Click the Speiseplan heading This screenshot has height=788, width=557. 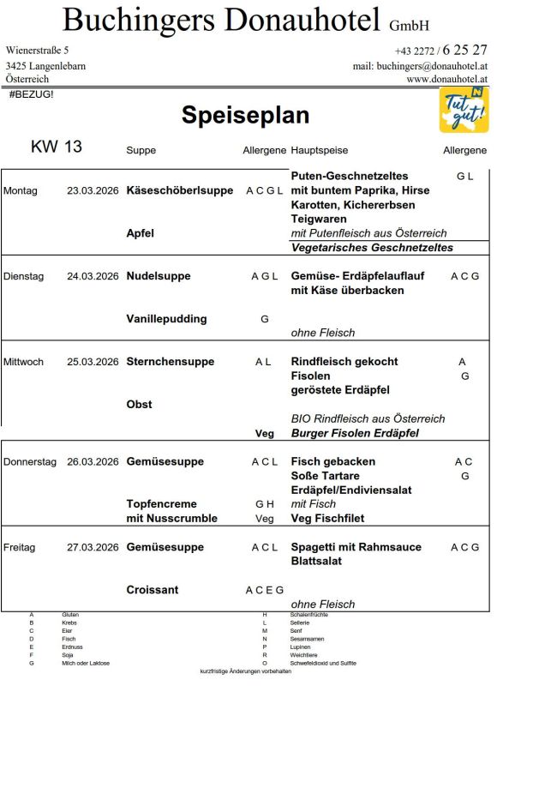point(245,116)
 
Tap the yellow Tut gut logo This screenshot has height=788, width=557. point(464,110)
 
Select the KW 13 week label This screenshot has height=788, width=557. point(57,147)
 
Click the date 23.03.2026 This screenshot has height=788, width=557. point(93,190)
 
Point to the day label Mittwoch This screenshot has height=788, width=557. point(24,362)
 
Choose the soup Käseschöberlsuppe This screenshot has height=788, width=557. point(179,190)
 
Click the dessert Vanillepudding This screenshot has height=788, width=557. point(166,319)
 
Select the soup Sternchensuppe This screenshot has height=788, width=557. point(170,362)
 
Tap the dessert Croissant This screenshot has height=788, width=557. point(153,590)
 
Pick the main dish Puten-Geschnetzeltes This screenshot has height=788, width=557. point(350,176)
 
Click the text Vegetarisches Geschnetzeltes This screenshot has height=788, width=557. point(372,248)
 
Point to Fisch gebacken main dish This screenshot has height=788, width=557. point(333,461)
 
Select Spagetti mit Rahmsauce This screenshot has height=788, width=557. point(356,547)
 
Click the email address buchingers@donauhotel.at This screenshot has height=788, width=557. point(420,66)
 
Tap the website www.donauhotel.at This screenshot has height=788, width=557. point(446,79)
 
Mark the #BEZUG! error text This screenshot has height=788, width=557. point(31,93)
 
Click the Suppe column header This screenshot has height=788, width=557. point(141,150)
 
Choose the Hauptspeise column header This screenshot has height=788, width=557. point(320,150)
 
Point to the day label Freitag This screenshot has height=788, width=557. point(20,547)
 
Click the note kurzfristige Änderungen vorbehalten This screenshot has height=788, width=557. point(245,671)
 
